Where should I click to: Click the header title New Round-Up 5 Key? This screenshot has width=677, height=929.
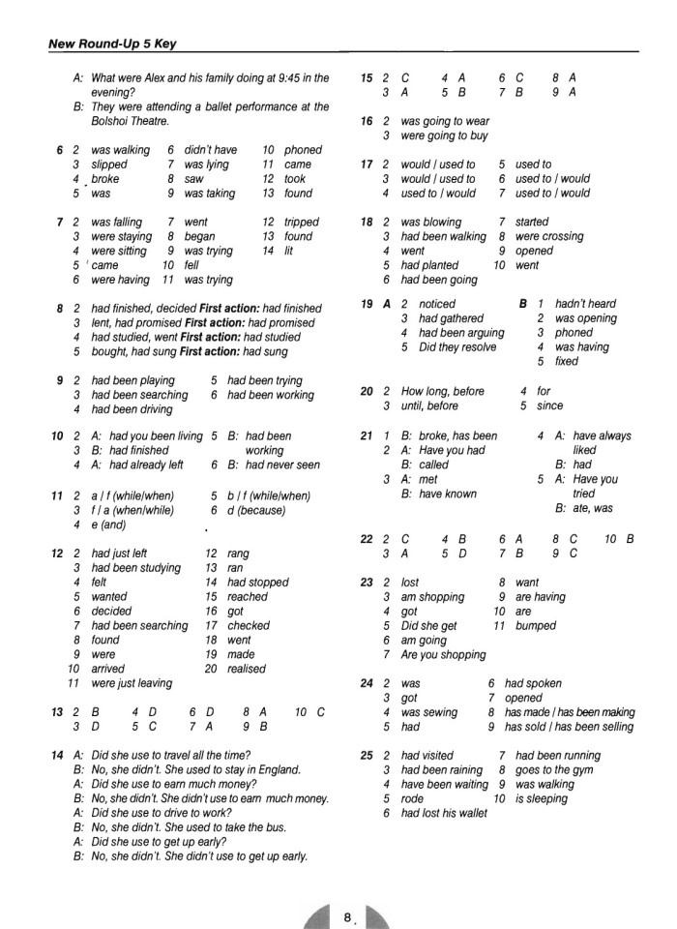112,44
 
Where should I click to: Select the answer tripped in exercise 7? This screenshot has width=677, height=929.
302,223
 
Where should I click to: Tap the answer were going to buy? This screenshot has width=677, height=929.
444,136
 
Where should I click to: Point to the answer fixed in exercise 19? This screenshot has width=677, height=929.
567,362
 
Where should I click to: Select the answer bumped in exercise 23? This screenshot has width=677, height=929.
536,626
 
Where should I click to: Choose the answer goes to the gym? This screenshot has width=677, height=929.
557,770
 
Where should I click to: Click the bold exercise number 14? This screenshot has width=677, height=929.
57,755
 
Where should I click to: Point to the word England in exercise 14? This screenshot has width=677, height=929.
276,770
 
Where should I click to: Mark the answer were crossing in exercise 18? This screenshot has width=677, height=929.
548,236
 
